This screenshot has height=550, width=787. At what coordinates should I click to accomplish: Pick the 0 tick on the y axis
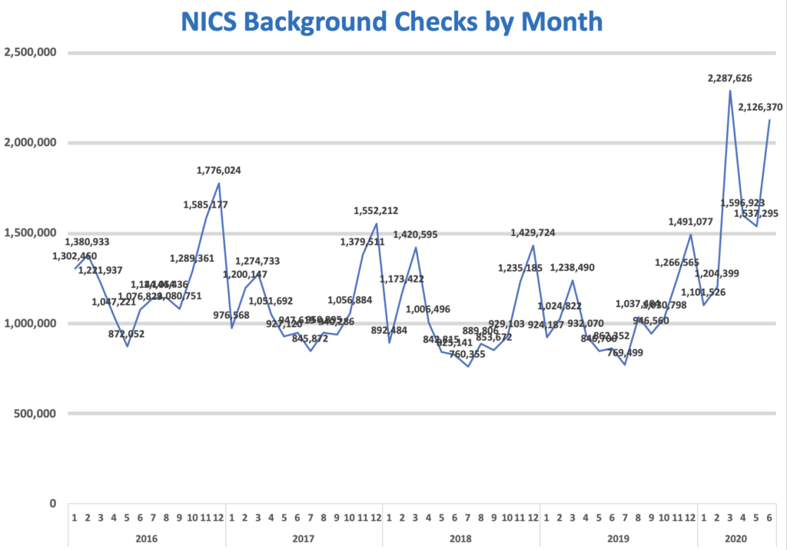pyautogui.click(x=52, y=503)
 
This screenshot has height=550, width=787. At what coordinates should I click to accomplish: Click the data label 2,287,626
pyautogui.click(x=729, y=78)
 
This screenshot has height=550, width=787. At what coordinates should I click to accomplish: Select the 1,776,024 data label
pyautogui.click(x=219, y=170)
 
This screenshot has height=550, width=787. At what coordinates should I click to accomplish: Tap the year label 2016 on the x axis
pyautogui.click(x=146, y=538)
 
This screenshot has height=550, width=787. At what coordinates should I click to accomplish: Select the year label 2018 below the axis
pyautogui.click(x=460, y=538)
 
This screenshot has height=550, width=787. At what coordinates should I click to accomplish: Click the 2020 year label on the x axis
pyautogui.click(x=736, y=538)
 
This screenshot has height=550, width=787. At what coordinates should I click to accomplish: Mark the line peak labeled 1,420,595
pyautogui.click(x=416, y=247)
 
